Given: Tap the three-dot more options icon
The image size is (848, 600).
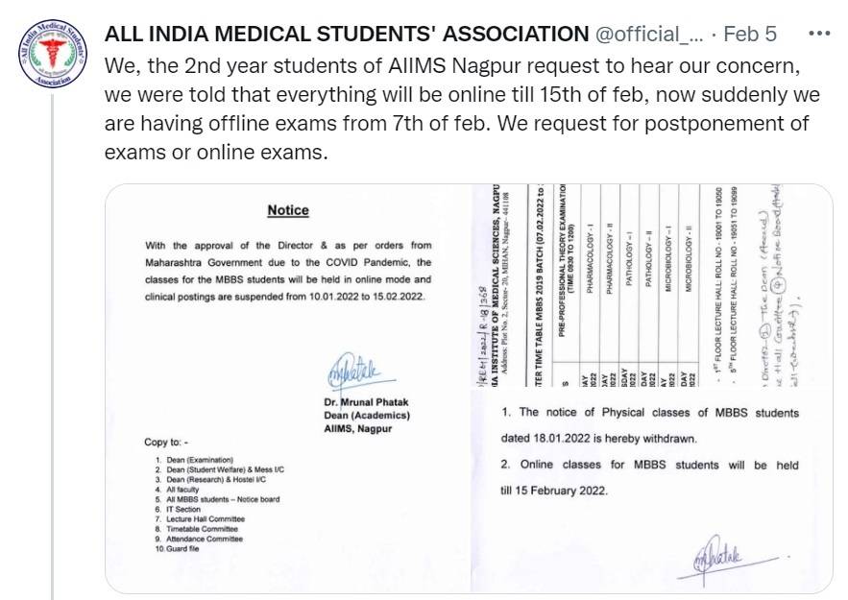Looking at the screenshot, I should (x=819, y=34).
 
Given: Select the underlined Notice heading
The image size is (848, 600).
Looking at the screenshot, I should (x=288, y=210).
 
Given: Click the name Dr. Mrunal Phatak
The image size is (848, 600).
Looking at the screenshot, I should (x=366, y=401).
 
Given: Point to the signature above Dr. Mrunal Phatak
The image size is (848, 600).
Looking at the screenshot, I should (x=354, y=369).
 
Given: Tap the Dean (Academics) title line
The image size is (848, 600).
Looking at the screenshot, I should (x=367, y=415).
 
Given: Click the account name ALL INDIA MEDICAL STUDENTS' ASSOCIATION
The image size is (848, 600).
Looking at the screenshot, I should (x=346, y=35).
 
